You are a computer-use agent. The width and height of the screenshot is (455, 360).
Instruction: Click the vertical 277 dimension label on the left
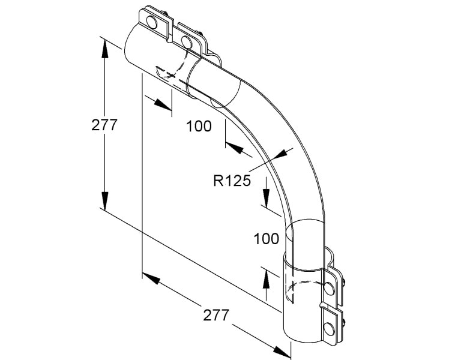tap(104, 125)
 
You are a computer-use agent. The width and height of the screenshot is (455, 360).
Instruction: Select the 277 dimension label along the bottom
tap(216, 315)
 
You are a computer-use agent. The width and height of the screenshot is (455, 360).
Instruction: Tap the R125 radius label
tap(232, 181)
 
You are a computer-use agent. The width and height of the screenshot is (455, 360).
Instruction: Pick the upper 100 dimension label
tap(199, 126)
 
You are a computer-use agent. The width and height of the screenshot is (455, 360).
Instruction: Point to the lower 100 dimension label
tap(267, 238)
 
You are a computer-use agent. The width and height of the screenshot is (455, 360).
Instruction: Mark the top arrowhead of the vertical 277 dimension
tap(105, 49)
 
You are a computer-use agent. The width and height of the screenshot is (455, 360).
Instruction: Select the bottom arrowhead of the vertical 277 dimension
tap(105, 200)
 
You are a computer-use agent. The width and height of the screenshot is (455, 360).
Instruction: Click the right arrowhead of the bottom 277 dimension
tap(282, 351)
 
